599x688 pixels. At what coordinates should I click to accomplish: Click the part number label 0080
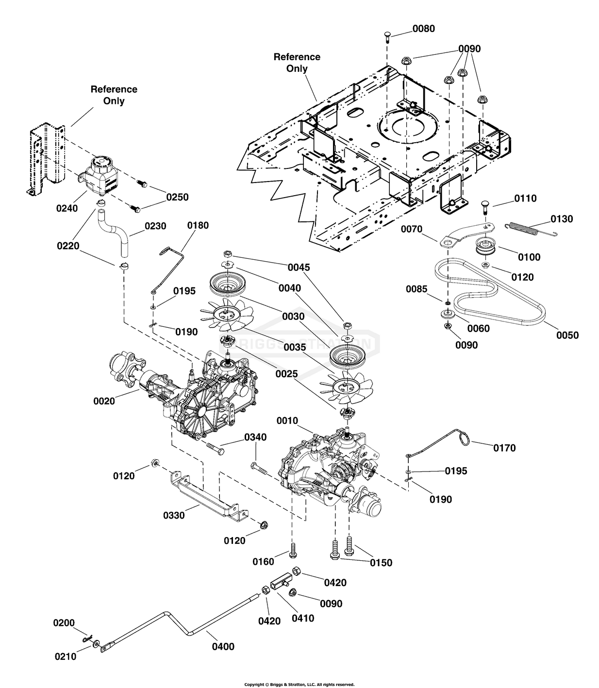(x=424, y=29)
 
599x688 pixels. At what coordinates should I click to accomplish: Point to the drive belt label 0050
(x=567, y=335)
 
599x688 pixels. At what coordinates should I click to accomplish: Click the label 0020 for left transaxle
(x=104, y=401)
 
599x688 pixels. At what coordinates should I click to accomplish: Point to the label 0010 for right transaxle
(x=287, y=420)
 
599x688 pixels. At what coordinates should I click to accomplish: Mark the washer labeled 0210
(x=97, y=643)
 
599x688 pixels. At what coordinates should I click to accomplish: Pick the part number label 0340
(x=255, y=437)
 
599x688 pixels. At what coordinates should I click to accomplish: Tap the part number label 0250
(x=177, y=197)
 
